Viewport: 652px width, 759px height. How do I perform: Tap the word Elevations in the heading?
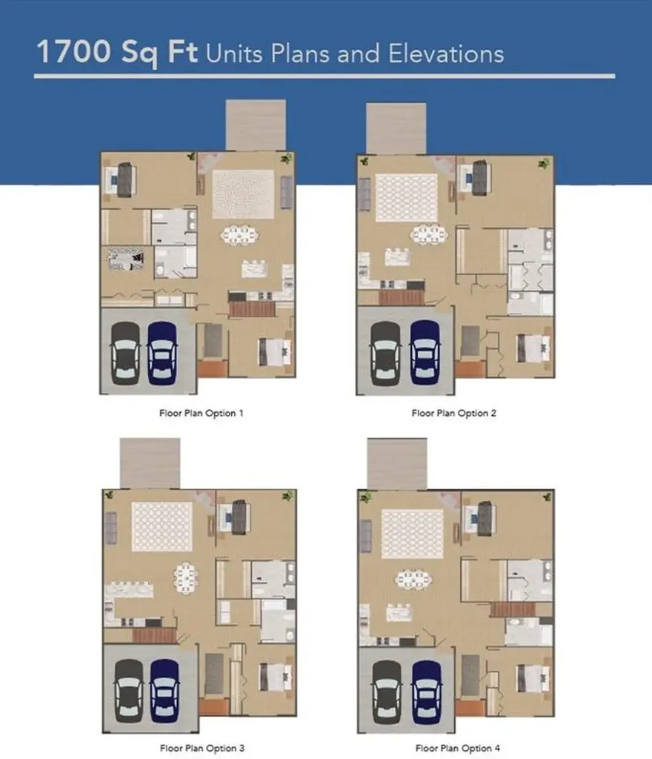[x=446, y=53]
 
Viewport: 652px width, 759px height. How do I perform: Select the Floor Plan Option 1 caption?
[x=202, y=413]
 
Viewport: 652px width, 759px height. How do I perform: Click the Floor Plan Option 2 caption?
[x=453, y=413]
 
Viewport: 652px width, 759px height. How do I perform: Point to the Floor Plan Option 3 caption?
[x=202, y=748]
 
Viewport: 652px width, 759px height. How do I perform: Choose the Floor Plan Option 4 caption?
[x=458, y=748]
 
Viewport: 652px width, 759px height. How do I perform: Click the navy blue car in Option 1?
[x=162, y=353]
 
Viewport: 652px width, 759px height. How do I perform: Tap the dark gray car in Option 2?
[x=385, y=354]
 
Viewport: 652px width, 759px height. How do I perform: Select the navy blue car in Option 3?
[x=164, y=691]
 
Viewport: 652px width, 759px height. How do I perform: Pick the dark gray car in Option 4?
[x=387, y=692]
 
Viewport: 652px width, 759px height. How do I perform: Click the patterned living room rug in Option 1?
[x=243, y=194]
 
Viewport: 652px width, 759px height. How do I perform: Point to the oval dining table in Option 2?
[x=428, y=234]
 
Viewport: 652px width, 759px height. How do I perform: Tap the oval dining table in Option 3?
[x=185, y=577]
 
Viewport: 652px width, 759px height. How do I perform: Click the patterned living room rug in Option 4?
[x=412, y=534]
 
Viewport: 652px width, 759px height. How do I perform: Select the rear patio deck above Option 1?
[x=256, y=125]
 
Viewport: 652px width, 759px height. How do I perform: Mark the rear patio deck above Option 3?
[x=150, y=463]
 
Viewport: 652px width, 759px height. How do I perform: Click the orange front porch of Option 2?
[x=470, y=369]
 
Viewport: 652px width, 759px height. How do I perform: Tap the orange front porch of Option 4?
[x=470, y=708]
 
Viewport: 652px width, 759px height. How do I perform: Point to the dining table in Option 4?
[x=413, y=579]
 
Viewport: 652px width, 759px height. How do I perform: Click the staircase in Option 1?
[x=253, y=309]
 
